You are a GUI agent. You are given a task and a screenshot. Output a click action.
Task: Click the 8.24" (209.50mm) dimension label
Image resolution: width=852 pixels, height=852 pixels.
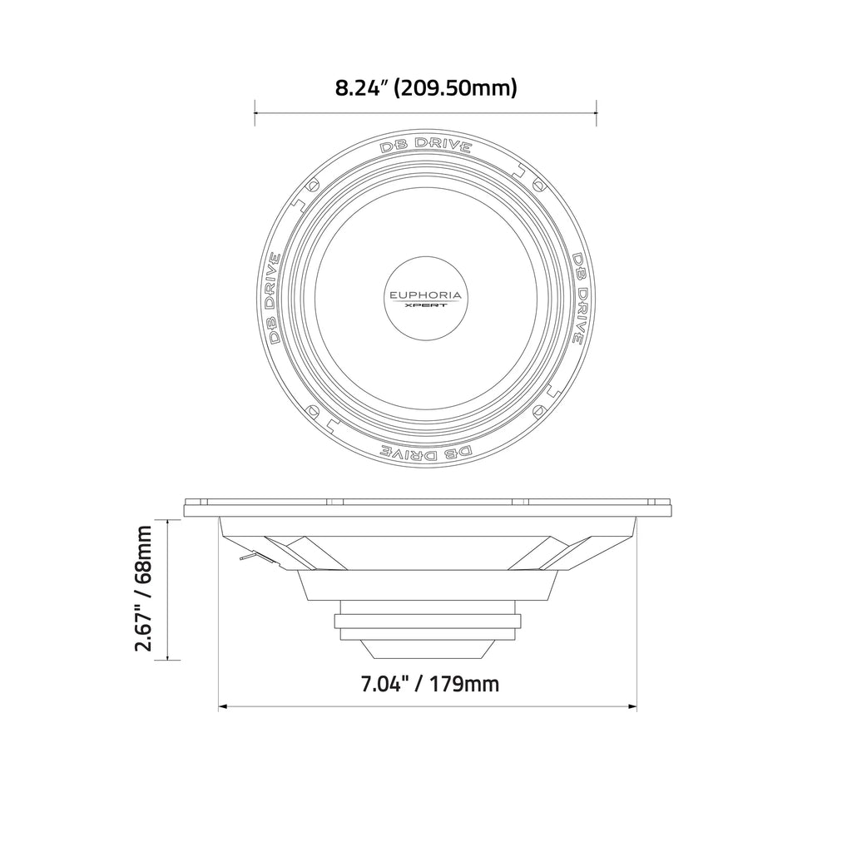click(426, 87)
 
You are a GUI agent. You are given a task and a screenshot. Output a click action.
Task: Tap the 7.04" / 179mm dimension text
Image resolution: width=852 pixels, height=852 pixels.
click(429, 684)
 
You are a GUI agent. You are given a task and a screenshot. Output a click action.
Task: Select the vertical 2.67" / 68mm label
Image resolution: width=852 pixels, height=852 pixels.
click(145, 589)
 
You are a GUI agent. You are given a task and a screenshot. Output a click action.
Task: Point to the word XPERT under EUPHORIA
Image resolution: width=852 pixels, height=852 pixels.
click(425, 305)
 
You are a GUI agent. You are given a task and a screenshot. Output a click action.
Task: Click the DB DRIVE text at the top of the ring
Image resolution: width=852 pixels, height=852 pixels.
click(426, 143)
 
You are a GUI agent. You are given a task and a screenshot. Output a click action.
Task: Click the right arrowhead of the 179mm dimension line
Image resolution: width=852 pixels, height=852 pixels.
click(634, 708)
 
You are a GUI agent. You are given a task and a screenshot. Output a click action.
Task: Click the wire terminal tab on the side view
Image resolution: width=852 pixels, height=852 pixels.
click(245, 557)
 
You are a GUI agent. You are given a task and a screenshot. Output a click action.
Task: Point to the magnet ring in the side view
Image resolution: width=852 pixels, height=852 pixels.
click(429, 621)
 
